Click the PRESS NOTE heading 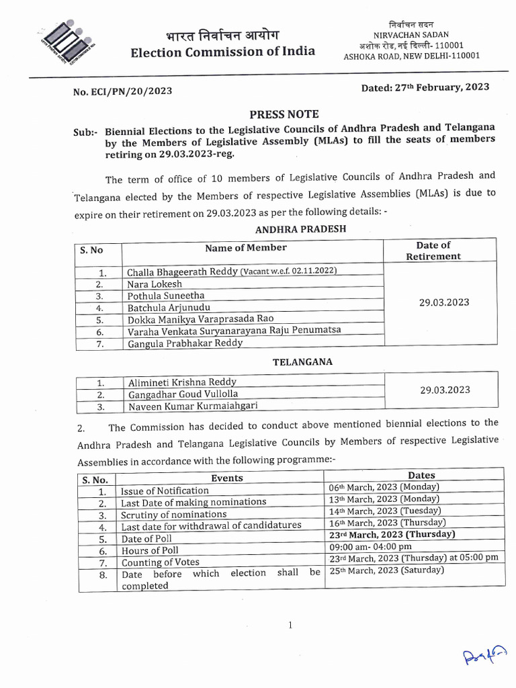coord(284,114)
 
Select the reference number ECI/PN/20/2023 coord(127,91)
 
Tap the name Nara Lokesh coord(155,284)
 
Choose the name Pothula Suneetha coord(166,296)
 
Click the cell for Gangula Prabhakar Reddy coord(185,343)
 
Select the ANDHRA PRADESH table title coord(300,228)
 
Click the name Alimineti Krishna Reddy coord(181,382)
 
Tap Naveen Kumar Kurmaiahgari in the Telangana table coord(192,406)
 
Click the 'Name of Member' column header coord(245,248)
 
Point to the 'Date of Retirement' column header coord(433,251)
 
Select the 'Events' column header coord(227,478)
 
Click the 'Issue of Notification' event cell coord(165,491)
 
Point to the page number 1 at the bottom coord(290,626)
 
